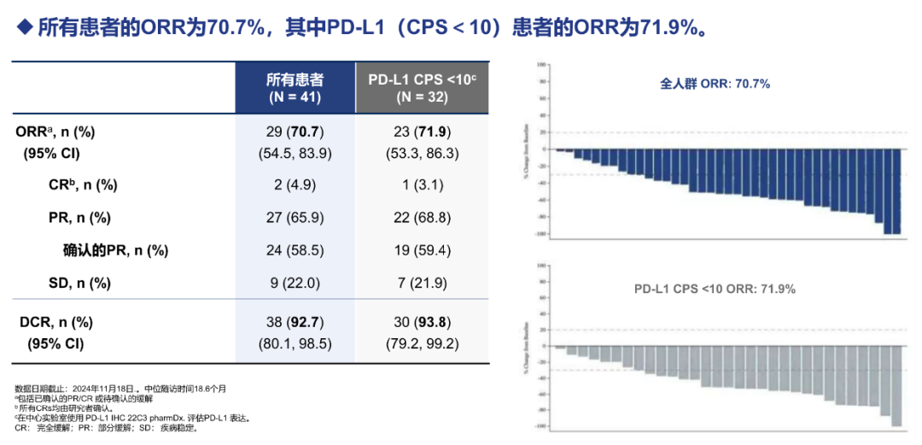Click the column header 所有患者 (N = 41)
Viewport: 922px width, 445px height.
pyautogui.click(x=295, y=87)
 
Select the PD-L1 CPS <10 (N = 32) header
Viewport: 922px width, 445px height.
pyautogui.click(x=422, y=87)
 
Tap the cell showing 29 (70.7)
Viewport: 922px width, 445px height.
pyautogui.click(x=295, y=132)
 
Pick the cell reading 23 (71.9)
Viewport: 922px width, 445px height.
pyautogui.click(x=422, y=132)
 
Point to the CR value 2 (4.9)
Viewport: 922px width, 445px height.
pyautogui.click(x=295, y=185)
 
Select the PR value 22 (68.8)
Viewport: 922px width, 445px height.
pyautogui.click(x=422, y=218)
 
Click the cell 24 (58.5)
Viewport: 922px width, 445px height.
pyautogui.click(x=295, y=250)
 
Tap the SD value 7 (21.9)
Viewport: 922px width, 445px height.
pyautogui.click(x=422, y=283)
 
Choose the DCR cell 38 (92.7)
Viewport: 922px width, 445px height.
pyautogui.click(x=295, y=323)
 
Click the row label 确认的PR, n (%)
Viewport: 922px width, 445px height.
pyautogui.click(x=115, y=250)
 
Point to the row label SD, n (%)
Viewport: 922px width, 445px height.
pyautogui.click(x=80, y=283)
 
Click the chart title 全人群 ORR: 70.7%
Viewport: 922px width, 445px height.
pyautogui.click(x=715, y=84)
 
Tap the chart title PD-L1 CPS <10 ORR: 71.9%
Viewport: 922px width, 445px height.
pyautogui.click(x=715, y=289)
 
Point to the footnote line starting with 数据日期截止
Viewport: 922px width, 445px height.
pyautogui.click(x=120, y=389)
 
